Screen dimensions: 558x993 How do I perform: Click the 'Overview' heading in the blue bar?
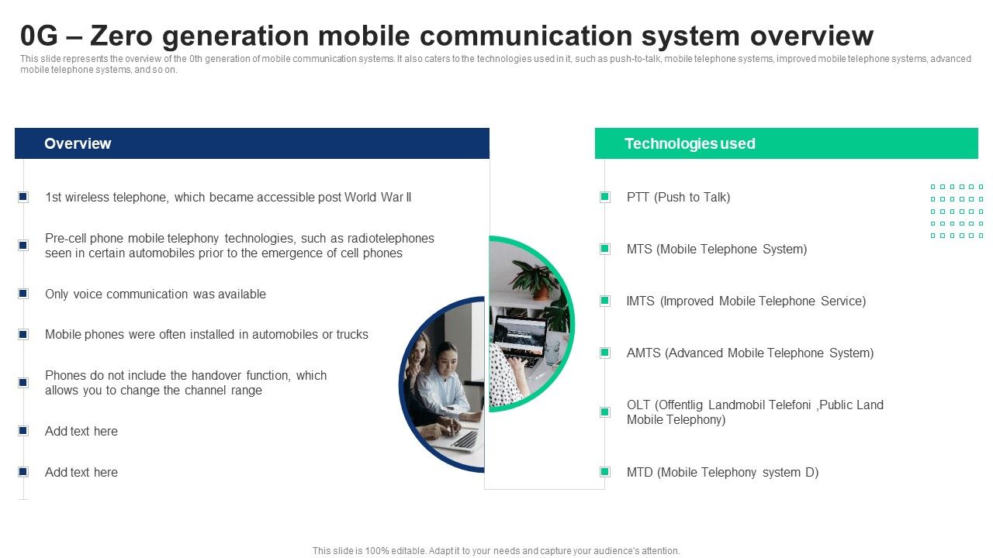(78, 143)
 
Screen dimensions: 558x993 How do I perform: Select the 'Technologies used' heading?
(689, 143)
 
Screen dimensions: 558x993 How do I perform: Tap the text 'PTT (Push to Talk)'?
(678, 197)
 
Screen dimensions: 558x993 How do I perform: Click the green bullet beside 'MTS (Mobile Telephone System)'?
(605, 249)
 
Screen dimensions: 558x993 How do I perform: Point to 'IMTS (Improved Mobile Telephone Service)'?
(746, 301)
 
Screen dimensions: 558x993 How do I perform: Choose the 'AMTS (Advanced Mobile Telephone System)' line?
(749, 353)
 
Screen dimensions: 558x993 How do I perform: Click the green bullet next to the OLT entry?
(605, 412)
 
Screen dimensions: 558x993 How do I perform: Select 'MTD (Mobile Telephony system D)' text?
(722, 472)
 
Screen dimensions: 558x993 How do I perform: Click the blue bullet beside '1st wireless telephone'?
(23, 197)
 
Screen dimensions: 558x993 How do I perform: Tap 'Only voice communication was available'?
(155, 294)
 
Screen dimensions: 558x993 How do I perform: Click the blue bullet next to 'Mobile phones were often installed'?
(23, 335)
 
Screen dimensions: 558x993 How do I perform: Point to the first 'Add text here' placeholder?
(81, 431)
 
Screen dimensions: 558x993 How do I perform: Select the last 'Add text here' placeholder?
(81, 472)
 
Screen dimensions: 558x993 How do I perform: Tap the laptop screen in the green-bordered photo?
(520, 333)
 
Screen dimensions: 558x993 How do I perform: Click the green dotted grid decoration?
(957, 211)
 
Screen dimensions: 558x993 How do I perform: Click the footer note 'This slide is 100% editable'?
(496, 551)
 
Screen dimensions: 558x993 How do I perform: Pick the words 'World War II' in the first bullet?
(379, 197)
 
